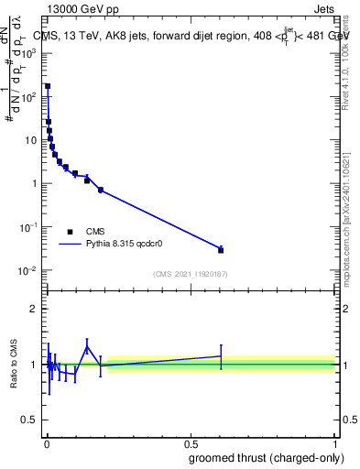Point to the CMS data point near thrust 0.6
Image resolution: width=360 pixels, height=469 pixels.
coord(221,250)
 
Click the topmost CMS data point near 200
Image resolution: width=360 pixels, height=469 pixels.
coord(48,86)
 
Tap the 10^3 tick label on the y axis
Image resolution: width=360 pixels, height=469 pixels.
coord(27,53)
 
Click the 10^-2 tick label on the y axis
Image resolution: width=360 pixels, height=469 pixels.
coord(27,270)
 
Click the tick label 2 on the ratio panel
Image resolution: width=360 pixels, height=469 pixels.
coord(35,309)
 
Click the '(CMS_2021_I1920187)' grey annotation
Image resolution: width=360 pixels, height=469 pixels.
coord(190,274)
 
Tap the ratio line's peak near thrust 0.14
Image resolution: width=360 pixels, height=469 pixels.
coord(87,347)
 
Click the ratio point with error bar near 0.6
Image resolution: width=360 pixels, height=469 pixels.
coord(221,356)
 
